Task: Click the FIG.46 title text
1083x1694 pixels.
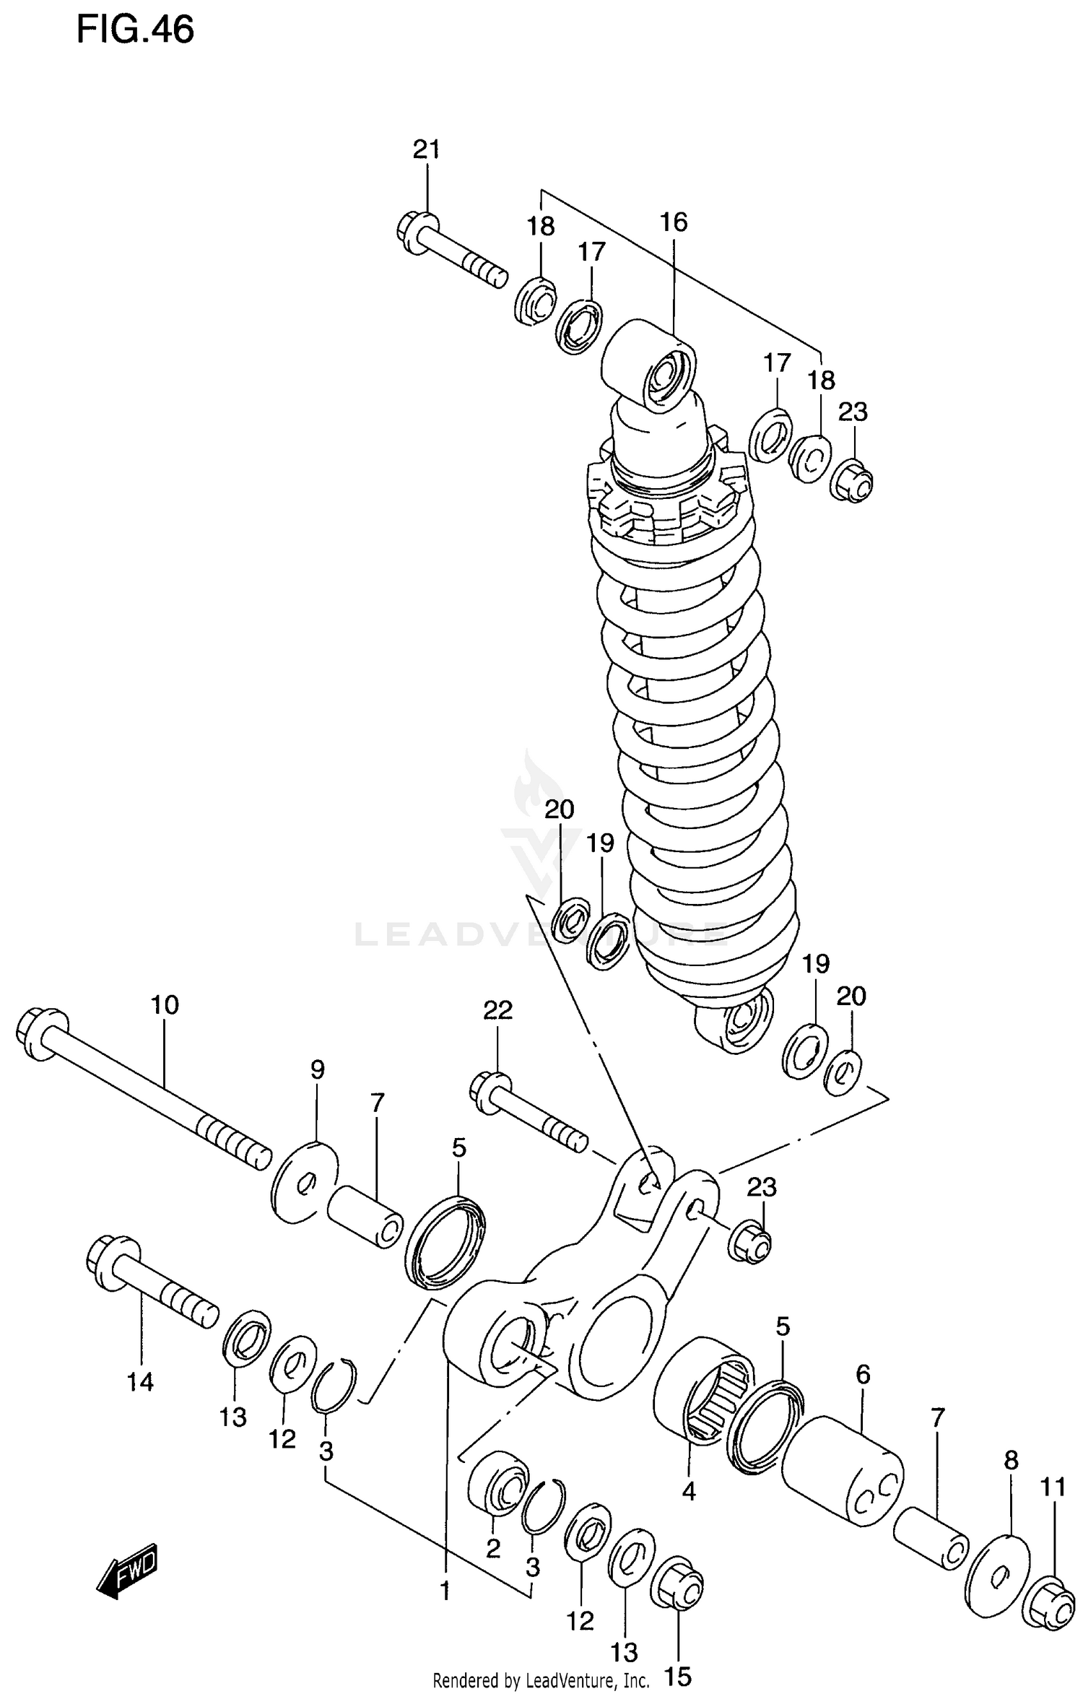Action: [x=135, y=30]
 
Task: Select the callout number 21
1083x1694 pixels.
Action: [x=426, y=149]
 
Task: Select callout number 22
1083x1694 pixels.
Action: [x=497, y=1009]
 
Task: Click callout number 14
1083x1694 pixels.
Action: [x=140, y=1382]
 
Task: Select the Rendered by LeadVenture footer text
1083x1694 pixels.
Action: [x=541, y=1681]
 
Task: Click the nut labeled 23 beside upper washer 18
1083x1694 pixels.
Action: [x=852, y=482]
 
